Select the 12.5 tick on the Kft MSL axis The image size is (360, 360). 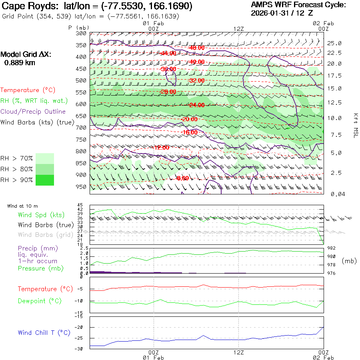tap(334, 103)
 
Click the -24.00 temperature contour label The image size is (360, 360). tap(197, 105)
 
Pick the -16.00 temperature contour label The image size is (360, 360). tap(189, 132)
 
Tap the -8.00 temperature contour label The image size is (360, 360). tap(182, 178)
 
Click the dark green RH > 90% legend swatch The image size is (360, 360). tap(45, 180)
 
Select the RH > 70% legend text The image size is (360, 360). tap(17, 158)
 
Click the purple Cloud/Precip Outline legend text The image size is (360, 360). tap(33, 112)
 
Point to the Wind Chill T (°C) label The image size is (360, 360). tap(44, 333)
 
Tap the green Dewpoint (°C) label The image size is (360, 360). tap(40, 301)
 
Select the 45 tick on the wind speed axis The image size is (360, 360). tap(80, 205)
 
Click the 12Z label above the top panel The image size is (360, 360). tap(238, 28)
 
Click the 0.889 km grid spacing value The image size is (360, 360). tap(20, 63)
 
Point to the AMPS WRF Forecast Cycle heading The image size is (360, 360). tap(298, 5)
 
